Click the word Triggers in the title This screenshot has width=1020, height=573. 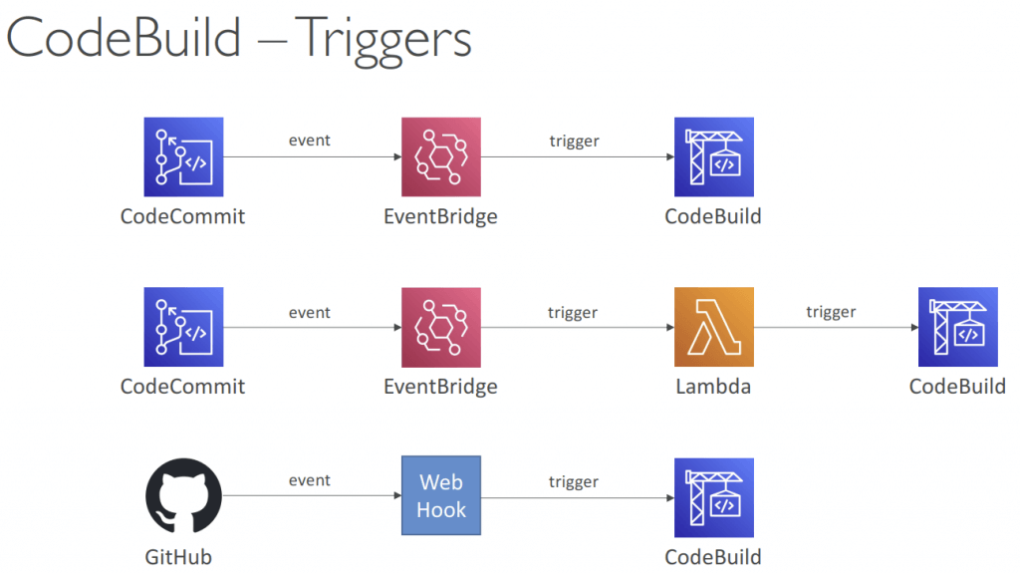coord(383,41)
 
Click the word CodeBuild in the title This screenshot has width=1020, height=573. coord(124,38)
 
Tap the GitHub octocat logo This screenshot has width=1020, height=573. coord(183,495)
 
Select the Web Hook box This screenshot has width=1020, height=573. coord(441,495)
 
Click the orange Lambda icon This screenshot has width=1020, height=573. coord(713,327)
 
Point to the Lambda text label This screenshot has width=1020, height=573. coord(713,387)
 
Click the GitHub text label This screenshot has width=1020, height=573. coord(178,557)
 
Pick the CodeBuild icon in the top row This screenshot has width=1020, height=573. coord(713,156)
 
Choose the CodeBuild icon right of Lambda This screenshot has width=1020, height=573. coord(957,327)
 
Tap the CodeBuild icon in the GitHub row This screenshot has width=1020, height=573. coord(713,497)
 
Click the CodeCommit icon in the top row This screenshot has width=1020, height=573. coord(183,156)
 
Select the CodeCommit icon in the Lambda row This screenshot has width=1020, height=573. coord(183,327)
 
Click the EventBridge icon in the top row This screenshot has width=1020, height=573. coord(441,156)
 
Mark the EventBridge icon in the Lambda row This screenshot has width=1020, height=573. coord(441,327)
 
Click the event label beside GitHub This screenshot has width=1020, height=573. coord(310,480)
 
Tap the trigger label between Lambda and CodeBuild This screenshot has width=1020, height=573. coord(831,313)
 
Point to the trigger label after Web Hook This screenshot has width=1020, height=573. coord(573,482)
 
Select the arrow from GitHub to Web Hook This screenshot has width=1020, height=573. coord(312,495)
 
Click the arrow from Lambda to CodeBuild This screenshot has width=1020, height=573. coord(836,327)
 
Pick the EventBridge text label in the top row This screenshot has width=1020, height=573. coord(440,217)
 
